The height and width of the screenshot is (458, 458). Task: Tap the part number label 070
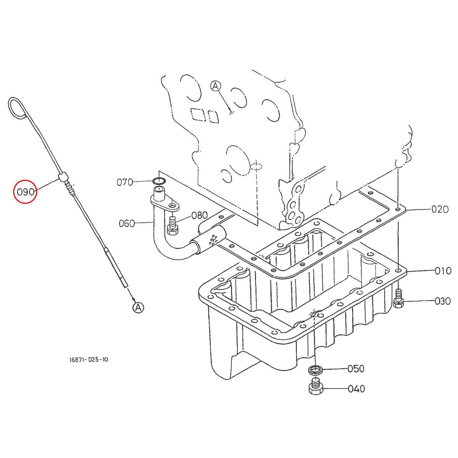point(125,182)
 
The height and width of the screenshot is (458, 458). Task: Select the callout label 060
point(127,223)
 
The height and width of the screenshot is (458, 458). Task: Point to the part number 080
point(199,215)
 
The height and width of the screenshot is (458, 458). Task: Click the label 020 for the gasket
point(440,210)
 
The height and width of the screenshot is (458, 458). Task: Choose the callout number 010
point(443,271)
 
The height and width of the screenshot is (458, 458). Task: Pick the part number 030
point(443,302)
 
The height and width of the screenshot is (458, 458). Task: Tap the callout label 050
point(356,369)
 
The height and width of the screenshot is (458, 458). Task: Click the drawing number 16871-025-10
point(89,359)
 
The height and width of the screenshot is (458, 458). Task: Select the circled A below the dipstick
point(138,307)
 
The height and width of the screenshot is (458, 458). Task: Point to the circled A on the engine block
point(216,86)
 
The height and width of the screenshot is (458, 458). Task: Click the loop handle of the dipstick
point(16,106)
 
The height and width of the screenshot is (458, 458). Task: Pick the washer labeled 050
point(316,370)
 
